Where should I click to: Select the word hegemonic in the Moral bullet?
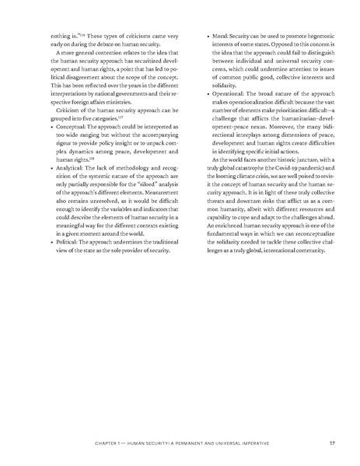[313, 37]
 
